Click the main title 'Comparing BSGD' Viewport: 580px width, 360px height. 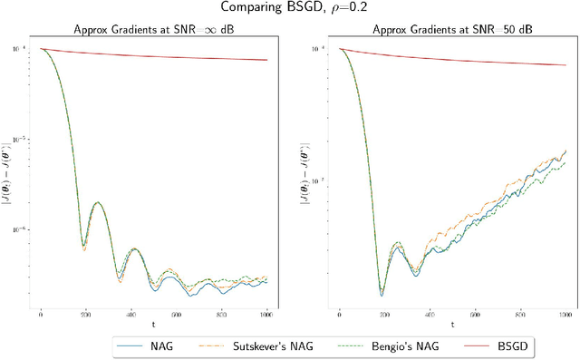click(x=289, y=8)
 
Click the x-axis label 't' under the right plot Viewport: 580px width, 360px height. click(x=451, y=324)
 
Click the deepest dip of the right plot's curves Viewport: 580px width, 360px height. click(x=382, y=295)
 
